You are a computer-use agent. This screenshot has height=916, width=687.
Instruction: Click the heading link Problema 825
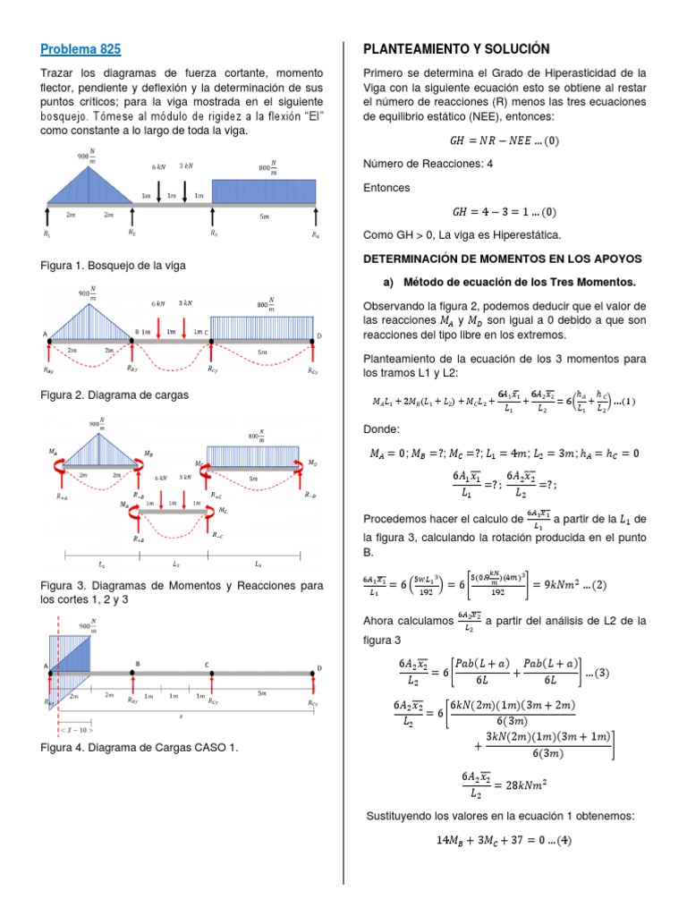click(x=81, y=49)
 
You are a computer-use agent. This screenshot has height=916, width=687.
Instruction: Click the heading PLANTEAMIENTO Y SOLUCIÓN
click(x=455, y=49)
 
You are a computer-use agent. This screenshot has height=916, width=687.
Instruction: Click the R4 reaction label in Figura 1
click(x=315, y=234)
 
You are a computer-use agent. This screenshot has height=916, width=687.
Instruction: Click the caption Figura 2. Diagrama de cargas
click(x=114, y=394)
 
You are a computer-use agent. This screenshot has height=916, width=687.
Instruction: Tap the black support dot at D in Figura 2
click(x=312, y=340)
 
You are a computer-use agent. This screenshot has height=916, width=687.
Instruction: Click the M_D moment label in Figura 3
click(x=312, y=462)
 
